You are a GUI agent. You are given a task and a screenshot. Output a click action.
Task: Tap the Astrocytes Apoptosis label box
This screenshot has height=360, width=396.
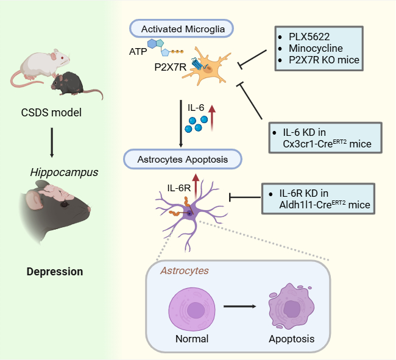pos(182,160)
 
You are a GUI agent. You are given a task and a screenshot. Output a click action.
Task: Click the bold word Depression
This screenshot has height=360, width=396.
pos(55,271)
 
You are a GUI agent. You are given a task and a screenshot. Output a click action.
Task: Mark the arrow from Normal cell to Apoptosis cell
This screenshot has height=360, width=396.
pos(239,306)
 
